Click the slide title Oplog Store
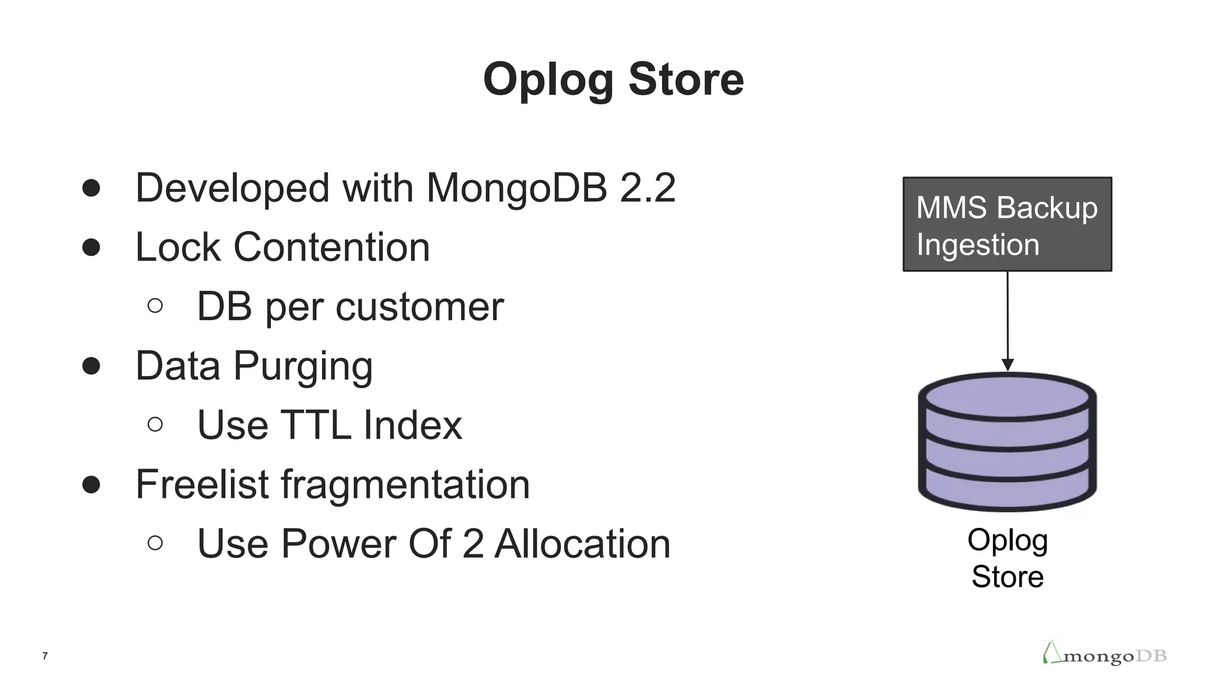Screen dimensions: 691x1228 [613, 79]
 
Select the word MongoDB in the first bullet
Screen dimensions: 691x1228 [516, 188]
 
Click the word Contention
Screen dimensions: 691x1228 [332, 247]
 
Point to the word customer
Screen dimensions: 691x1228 [420, 307]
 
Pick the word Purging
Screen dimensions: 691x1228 [303, 366]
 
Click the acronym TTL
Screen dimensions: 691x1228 [315, 425]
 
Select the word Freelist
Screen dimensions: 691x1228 [202, 484]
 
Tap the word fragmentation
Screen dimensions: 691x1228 [405, 484]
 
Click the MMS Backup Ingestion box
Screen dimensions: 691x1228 [1007, 224]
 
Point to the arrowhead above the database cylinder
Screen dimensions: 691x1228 [1008, 365]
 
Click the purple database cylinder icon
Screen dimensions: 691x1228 [1007, 442]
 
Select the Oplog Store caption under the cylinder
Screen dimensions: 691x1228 [1007, 558]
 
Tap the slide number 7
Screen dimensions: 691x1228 [45, 656]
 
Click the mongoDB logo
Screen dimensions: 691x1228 [1104, 654]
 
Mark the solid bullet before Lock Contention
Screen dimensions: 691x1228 [91, 247]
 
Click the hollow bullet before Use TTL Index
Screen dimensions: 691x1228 [155, 425]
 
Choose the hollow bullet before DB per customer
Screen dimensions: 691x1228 [155, 306]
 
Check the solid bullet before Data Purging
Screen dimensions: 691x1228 [91, 366]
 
